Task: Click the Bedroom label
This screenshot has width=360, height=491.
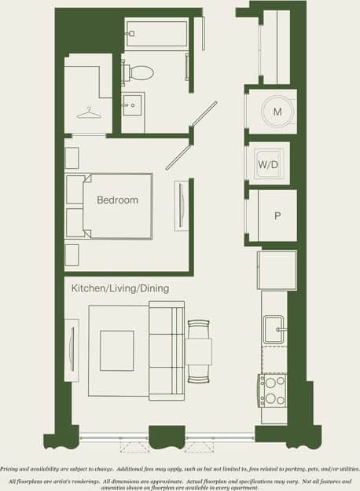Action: (117, 200)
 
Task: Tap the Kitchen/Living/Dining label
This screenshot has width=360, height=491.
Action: (119, 289)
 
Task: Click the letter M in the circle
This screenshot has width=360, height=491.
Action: (277, 112)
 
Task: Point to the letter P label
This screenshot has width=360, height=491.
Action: (277, 215)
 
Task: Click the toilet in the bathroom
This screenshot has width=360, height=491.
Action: (140, 73)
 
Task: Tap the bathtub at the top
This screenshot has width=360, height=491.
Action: (156, 35)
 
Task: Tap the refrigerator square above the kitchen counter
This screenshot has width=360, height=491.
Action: (277, 269)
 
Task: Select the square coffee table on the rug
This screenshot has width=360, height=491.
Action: (116, 350)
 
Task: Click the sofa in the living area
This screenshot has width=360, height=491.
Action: (166, 350)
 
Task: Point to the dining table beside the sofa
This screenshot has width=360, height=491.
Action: (199, 350)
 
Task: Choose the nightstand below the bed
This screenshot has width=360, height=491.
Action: (72, 255)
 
